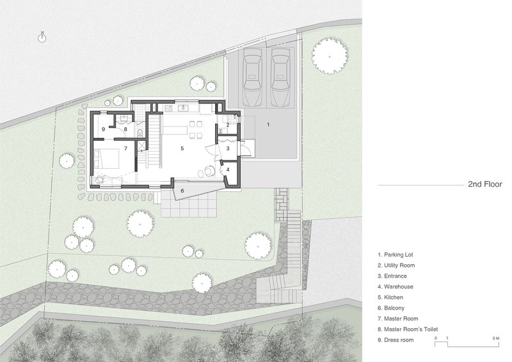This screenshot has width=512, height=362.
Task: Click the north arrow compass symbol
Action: coord(42,38)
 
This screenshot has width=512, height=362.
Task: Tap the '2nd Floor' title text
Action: coord(485,184)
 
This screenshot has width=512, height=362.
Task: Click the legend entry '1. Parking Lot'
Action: coord(396,255)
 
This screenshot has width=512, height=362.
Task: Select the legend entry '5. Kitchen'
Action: coord(390,297)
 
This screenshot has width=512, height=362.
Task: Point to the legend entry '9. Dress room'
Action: coord(396,340)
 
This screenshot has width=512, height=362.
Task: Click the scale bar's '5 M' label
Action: coord(496,338)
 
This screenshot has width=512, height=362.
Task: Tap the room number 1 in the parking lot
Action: coord(268,124)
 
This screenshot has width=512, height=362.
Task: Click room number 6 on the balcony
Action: coord(182,191)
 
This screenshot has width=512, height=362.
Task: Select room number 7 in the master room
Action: coord(125,148)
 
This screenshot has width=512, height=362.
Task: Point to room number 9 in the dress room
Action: coord(103,129)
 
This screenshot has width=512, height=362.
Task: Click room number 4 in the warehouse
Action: coord(228,169)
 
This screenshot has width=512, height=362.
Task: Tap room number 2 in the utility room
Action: coord(228,124)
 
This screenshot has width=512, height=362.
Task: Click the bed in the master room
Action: coord(106,159)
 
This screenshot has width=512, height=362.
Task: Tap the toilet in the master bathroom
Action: coord(140,133)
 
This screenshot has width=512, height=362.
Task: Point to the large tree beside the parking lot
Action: coord(330,56)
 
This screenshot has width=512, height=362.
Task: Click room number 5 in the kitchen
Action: coord(182,148)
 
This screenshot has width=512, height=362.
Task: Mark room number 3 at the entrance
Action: coord(228,148)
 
